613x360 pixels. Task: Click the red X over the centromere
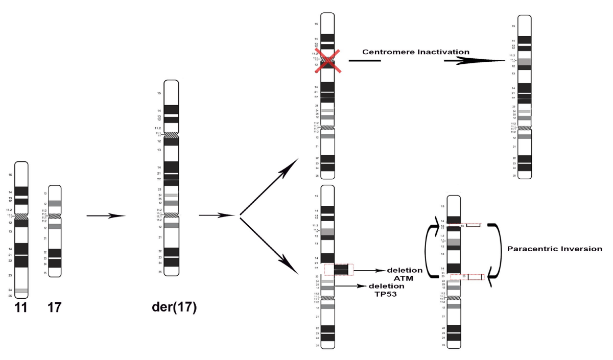click(x=327, y=60)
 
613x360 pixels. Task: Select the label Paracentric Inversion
click(x=554, y=249)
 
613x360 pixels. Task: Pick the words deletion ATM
click(x=405, y=274)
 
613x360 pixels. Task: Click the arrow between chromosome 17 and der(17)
click(x=106, y=216)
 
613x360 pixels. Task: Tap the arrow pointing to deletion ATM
click(x=368, y=270)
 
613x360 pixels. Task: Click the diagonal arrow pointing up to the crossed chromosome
click(x=271, y=186)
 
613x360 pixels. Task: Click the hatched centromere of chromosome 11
click(x=21, y=217)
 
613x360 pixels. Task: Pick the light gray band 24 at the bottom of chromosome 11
click(x=21, y=291)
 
